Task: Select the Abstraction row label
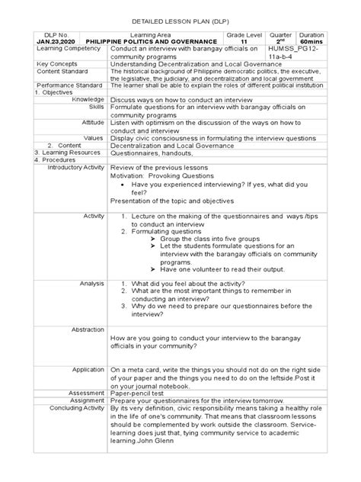pos(88,329)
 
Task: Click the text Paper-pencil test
pos(141,393)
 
